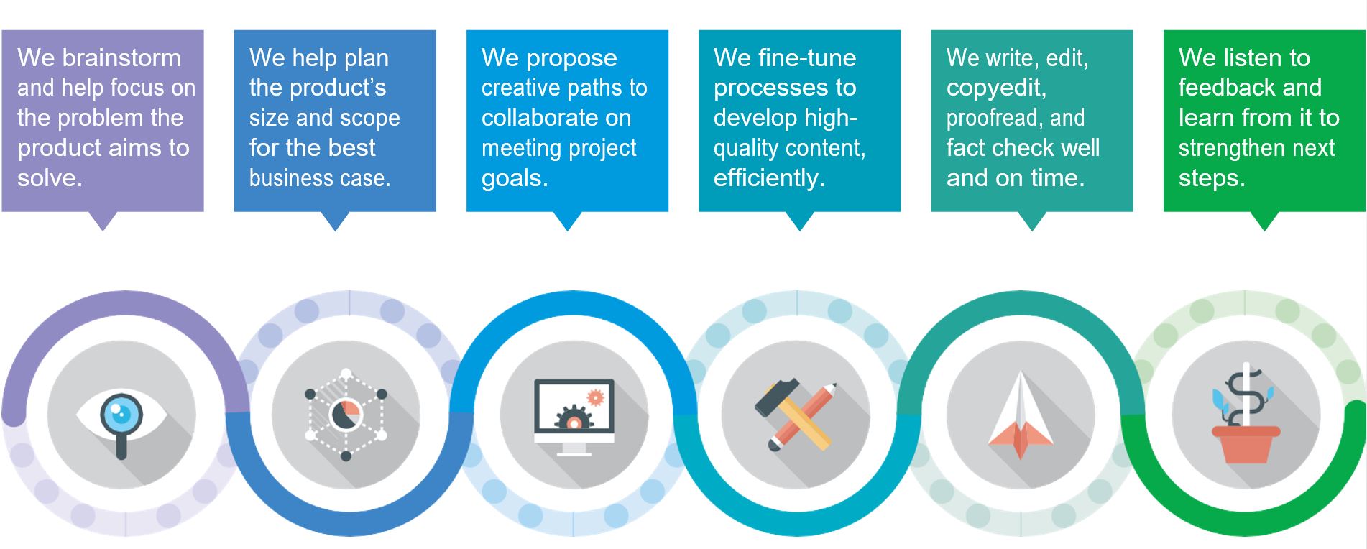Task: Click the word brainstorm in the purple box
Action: [x=120, y=57]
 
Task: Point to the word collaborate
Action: [x=556, y=118]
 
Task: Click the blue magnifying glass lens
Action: [x=121, y=413]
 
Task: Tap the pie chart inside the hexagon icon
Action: [x=346, y=415]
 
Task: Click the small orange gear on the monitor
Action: [x=595, y=397]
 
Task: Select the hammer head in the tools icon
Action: [x=776, y=396]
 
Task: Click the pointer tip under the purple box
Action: [x=103, y=230]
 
